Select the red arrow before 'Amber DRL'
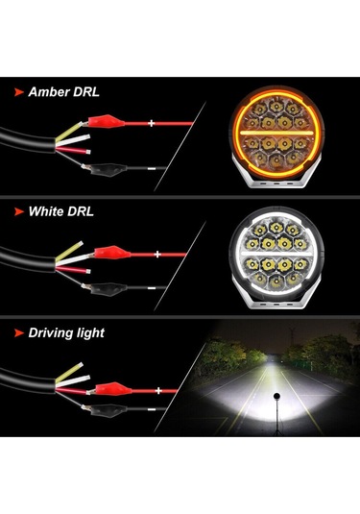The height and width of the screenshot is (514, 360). pos(19,92)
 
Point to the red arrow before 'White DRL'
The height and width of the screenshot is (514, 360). pos(19,209)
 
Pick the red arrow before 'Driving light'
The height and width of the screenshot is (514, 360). pos(19,332)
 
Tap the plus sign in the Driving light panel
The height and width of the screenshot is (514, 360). pos(154,389)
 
